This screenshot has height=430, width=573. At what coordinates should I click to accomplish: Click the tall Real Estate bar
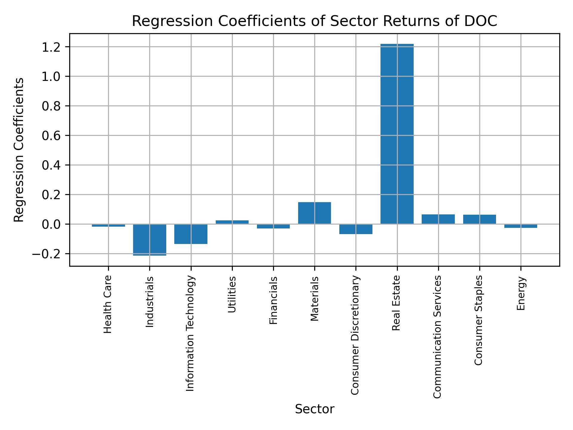click(x=397, y=134)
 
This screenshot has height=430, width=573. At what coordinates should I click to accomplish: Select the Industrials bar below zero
click(x=150, y=239)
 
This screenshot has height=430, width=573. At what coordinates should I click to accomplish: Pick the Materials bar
click(x=314, y=213)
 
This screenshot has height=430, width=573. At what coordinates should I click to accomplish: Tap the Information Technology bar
click(x=191, y=234)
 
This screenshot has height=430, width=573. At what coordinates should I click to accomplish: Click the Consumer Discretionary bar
click(x=356, y=229)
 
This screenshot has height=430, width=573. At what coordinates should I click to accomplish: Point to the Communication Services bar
click(x=438, y=219)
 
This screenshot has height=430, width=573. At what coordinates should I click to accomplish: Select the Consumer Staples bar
click(x=479, y=219)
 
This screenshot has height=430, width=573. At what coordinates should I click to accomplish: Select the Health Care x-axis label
click(x=107, y=304)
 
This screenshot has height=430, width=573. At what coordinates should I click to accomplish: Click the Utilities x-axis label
click(x=232, y=294)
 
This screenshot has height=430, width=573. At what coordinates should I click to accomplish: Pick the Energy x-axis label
click(x=520, y=294)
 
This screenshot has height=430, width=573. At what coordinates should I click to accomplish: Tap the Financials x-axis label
click(x=273, y=300)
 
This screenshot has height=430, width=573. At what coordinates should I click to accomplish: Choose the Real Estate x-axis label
click(x=396, y=303)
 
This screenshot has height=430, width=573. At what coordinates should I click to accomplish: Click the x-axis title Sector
click(x=314, y=409)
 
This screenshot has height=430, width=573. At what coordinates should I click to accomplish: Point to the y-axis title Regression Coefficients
click(x=19, y=150)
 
